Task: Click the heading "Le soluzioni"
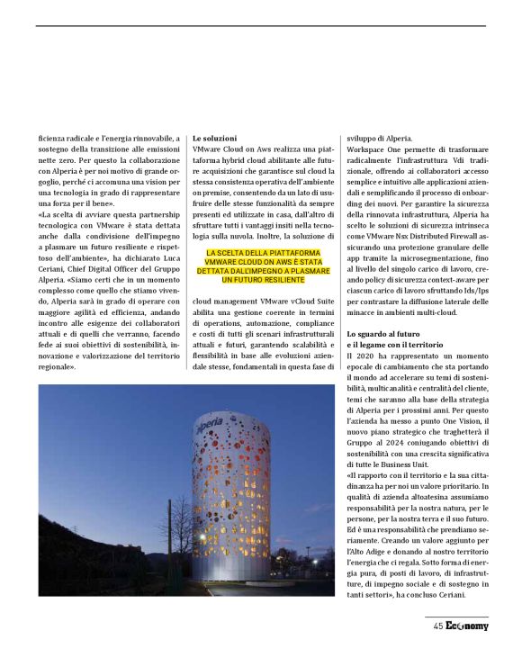point(212,137)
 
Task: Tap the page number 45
point(437,626)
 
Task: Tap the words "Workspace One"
point(374,147)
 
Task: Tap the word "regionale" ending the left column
point(58,367)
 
